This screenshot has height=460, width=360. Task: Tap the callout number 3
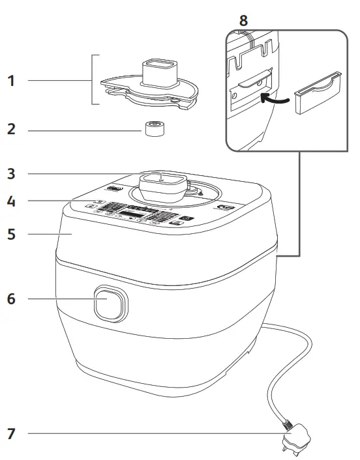tap(10, 174)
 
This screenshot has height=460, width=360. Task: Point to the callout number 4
tap(10, 201)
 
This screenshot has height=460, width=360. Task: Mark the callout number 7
tap(10, 433)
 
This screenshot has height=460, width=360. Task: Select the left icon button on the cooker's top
tap(115, 190)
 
